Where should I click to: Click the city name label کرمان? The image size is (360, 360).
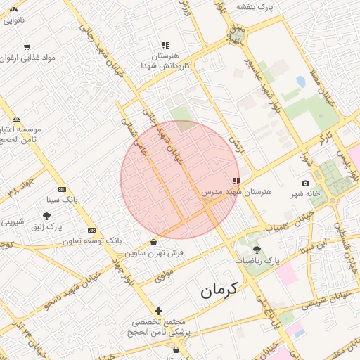219,288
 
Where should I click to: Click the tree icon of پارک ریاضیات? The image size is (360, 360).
256,249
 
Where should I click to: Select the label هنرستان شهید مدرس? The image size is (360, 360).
221,191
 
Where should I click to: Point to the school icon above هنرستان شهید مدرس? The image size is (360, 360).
236,181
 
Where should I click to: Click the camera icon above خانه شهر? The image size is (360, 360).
305,183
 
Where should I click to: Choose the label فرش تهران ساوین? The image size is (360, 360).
155,252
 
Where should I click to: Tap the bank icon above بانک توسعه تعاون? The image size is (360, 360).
91,230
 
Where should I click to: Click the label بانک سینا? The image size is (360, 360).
62,200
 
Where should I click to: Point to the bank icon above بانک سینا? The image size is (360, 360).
62,189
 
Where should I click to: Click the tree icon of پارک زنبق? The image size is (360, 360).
46,216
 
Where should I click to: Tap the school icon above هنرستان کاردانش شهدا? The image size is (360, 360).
165,44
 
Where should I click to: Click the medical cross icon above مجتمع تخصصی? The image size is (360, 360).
158,310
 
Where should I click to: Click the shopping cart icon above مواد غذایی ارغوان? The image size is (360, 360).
27,47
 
